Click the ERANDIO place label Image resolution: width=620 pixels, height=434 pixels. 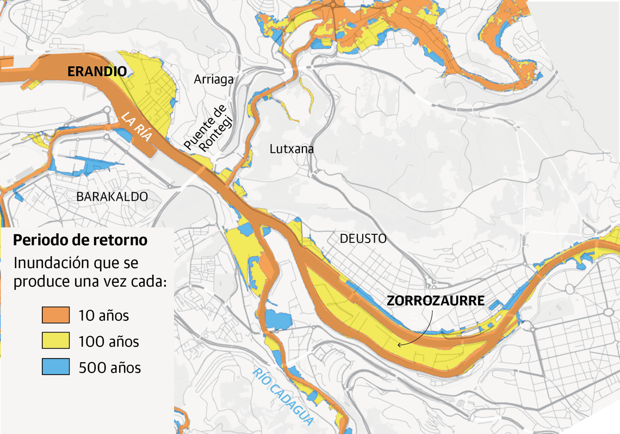(97, 71)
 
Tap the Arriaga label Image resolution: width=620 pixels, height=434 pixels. (214, 79)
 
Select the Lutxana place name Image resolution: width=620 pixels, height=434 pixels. (292, 148)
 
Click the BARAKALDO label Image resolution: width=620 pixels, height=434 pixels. (112, 196)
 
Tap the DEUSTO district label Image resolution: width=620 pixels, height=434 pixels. (363, 239)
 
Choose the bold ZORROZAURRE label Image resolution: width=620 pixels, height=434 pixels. (435, 301)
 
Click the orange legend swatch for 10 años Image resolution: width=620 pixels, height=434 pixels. (55, 315)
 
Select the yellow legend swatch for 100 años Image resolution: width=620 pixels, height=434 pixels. (55, 341)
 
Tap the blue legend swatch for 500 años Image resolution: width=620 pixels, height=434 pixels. (55, 367)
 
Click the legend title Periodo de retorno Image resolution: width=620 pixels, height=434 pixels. (80, 240)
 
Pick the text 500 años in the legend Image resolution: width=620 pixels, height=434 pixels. (109, 368)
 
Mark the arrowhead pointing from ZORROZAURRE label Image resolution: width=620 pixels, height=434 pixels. (399, 344)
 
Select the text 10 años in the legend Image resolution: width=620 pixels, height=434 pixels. (103, 315)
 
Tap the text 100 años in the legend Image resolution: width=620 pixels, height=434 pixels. (108, 342)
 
